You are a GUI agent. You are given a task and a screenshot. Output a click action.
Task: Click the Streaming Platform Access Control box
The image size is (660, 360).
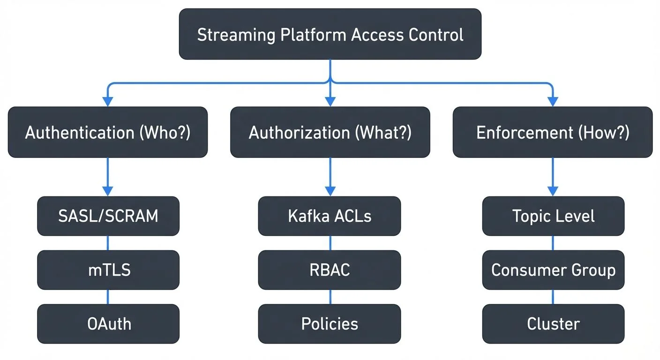[330, 34]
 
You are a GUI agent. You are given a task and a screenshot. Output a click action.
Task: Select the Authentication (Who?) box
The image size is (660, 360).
[108, 132]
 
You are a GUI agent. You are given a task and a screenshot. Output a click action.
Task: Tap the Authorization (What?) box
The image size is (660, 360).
[330, 132]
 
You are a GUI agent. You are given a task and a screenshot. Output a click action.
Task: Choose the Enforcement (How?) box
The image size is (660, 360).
[553, 132]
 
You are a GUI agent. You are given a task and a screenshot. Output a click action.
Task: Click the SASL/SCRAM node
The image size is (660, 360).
[108, 216]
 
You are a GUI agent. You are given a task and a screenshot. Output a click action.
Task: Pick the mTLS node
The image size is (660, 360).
[108, 270]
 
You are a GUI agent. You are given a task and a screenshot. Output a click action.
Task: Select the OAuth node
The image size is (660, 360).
[108, 324]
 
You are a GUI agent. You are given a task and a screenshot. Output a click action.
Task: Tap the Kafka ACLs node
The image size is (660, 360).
[330, 216]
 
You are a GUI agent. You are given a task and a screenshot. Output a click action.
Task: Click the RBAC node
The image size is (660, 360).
[330, 270]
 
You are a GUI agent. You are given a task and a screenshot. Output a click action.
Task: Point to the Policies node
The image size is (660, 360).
[330, 324]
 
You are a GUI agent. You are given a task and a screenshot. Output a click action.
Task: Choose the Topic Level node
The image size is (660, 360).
[553, 216]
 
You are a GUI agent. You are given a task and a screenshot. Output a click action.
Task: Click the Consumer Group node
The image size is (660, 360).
[553, 270]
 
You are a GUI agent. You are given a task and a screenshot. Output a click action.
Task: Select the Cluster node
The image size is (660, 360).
[553, 324]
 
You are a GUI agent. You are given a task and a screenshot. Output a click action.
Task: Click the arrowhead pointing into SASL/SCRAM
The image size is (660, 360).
[108, 191]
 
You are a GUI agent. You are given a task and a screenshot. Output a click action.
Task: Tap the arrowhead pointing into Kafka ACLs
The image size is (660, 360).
[330, 191]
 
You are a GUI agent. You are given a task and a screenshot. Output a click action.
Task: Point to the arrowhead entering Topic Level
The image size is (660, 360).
[553, 191]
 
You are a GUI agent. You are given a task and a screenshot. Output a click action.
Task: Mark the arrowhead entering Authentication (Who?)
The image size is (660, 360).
[108, 101]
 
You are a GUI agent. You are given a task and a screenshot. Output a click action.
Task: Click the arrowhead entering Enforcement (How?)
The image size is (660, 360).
[553, 101]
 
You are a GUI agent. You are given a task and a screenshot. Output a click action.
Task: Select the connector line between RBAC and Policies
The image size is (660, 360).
[330, 297]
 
